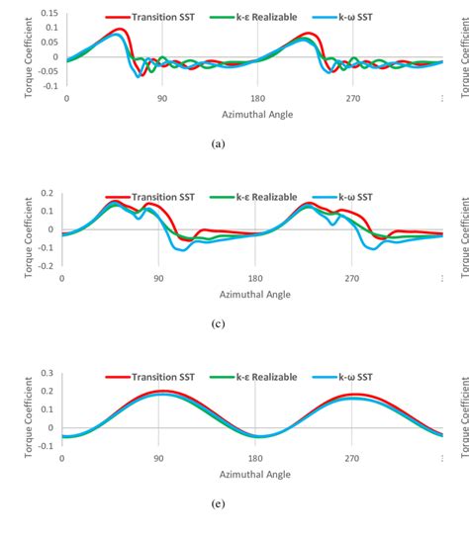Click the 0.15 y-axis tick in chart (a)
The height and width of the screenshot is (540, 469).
(x=47, y=14)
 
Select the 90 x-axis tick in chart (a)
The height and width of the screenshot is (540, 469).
(x=160, y=99)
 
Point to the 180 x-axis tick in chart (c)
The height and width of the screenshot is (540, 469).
(x=256, y=280)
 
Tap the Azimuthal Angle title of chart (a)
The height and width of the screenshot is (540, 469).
(x=255, y=113)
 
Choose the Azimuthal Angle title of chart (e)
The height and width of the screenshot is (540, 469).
(x=255, y=474)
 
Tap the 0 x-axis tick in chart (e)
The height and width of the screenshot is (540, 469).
(x=61, y=460)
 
